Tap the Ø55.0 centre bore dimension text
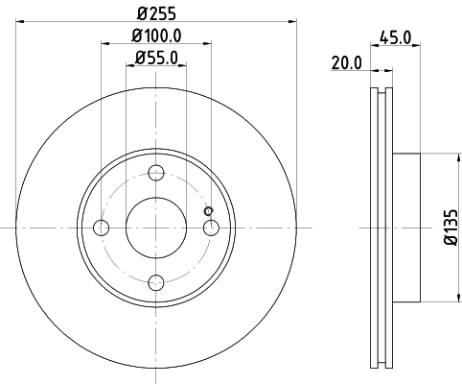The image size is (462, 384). (x=155, y=59)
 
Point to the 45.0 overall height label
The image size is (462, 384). (x=396, y=38)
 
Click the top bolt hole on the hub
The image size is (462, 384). (x=156, y=174)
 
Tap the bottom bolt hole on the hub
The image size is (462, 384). (x=156, y=281)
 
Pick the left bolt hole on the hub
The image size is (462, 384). (x=103, y=228)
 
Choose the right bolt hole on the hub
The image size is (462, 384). (x=211, y=228)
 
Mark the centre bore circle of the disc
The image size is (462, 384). (x=156, y=228)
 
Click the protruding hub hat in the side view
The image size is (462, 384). (x=406, y=228)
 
